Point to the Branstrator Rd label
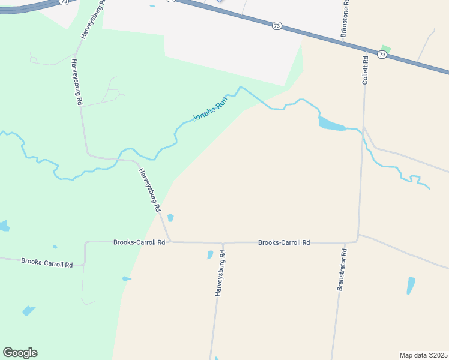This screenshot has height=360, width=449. coord(342,269)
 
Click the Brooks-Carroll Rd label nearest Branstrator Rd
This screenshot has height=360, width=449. coord(284,242)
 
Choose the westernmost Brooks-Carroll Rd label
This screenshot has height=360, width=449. coord(47,263)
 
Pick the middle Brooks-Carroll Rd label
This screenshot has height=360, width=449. coord(139,242)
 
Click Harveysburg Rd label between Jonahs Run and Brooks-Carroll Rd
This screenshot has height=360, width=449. coord(150,190)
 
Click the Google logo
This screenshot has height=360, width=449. coord(20,353)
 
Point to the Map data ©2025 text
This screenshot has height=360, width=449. coord(423,355)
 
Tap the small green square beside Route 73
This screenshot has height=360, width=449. coord(386,49)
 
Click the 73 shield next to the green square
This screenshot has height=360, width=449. coord(382,55)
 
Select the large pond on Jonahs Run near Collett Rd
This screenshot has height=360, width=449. coord(331,125)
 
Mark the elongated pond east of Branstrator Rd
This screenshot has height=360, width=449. coord(411,285)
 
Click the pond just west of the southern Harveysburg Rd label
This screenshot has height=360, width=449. coord(210,254)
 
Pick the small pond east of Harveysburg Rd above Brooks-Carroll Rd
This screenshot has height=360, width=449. coord(170,217)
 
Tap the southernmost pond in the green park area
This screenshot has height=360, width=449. coord(28,311)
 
